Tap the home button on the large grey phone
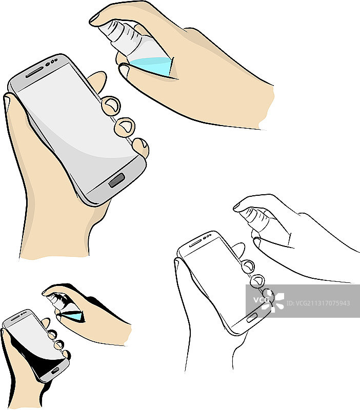pyautogui.click(x=116, y=180)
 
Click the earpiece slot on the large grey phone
pyautogui.click(x=34, y=72)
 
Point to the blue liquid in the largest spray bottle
pyautogui.click(x=152, y=66)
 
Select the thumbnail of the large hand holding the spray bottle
pyautogui.click(x=124, y=70)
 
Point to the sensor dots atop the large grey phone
pyautogui.click(x=52, y=62)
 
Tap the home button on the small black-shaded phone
pyautogui.click(x=55, y=370)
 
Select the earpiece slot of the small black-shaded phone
pyautogui.click(x=15, y=318)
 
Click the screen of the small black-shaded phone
pyautogui.click(x=33, y=342)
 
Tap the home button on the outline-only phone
pyautogui.click(x=251, y=318)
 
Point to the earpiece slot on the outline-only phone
pyautogui.click(x=195, y=244)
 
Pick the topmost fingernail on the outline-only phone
pyautogui.click(x=248, y=266)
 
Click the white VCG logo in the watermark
pyautogui.click(x=269, y=301)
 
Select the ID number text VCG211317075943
pyautogui.click(x=318, y=303)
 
